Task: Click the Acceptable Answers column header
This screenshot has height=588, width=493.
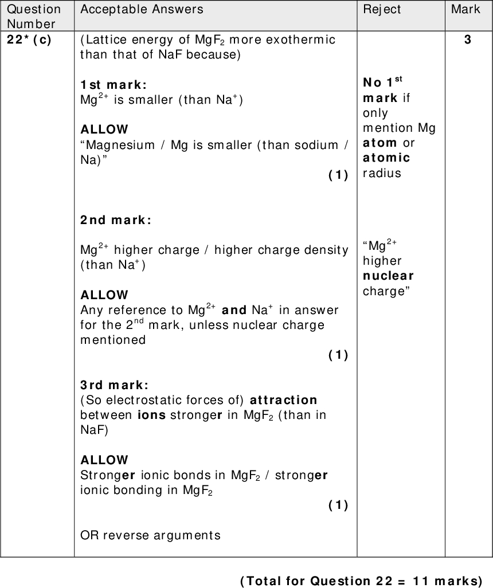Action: (x=142, y=9)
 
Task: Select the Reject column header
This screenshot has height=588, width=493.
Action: (x=382, y=9)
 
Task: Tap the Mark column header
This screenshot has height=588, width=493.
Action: (x=465, y=9)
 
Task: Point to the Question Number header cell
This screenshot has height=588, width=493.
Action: (x=34, y=16)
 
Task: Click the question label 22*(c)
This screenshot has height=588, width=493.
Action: (x=30, y=40)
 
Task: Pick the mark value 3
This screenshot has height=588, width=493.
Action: (x=468, y=40)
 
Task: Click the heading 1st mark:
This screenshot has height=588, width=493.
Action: (x=114, y=85)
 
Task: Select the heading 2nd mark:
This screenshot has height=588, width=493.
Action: (x=116, y=220)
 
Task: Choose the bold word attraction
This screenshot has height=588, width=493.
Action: (x=284, y=399)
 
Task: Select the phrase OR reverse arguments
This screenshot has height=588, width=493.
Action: (x=150, y=535)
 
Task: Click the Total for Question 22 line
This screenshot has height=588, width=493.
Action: (x=361, y=580)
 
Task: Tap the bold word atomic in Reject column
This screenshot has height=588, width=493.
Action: (x=386, y=158)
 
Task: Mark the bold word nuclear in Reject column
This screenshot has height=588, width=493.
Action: (x=388, y=276)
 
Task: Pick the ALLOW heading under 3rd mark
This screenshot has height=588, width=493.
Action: (x=104, y=460)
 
